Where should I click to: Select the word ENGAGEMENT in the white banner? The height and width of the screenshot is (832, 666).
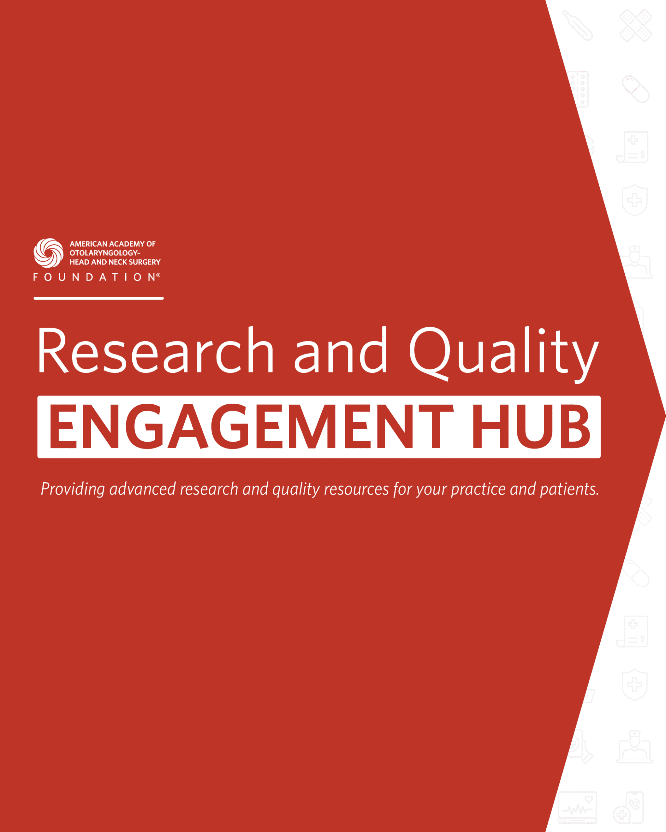point(251,426)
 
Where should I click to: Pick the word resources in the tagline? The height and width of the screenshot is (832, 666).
point(356,490)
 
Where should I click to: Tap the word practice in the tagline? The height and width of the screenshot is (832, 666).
point(478,489)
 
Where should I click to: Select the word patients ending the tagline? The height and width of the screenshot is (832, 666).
point(569,489)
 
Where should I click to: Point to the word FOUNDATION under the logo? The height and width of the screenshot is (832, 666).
point(94,277)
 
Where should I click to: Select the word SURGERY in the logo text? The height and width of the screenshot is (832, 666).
point(144,262)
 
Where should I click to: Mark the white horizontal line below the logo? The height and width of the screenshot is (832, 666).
point(99,298)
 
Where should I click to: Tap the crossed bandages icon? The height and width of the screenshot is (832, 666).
point(636,25)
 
